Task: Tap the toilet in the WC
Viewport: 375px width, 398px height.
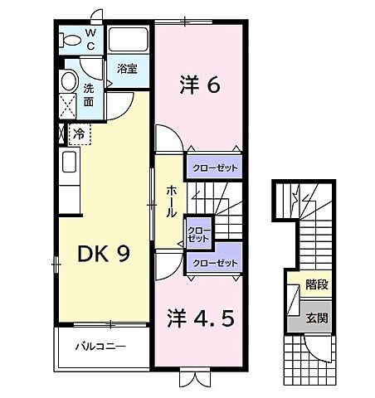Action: click(75, 40)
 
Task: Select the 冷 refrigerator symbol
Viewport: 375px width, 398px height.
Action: click(78, 133)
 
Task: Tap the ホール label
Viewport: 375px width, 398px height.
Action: click(170, 201)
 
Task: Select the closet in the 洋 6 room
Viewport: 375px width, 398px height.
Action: click(214, 167)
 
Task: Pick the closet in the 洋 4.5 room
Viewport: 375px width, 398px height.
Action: click(214, 262)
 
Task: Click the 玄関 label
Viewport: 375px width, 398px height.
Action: click(315, 317)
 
